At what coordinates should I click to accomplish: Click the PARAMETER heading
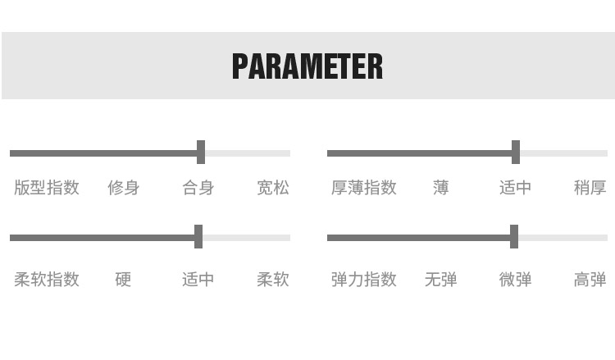point(307,66)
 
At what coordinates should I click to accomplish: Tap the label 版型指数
point(47,188)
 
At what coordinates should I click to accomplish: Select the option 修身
point(123,188)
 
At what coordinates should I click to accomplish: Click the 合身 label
point(198,188)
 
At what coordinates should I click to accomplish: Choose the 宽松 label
point(273,188)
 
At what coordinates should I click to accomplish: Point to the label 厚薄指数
point(364,188)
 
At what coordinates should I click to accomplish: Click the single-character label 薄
point(441,188)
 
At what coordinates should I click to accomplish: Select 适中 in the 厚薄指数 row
point(516,188)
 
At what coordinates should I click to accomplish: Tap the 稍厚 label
point(590,188)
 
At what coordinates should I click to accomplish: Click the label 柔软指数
point(47,280)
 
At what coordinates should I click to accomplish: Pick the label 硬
point(123,280)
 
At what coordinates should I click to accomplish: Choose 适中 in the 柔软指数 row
point(198,280)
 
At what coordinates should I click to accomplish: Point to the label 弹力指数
point(364,280)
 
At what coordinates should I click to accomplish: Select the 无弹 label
point(441,280)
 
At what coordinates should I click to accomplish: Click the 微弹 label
point(516,280)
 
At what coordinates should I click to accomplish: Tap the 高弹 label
point(590,280)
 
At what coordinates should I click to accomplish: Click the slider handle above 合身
point(201,153)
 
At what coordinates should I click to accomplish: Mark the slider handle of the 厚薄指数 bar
point(516,153)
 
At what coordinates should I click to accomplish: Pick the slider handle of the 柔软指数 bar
point(198,237)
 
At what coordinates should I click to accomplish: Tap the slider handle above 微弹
point(514,237)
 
